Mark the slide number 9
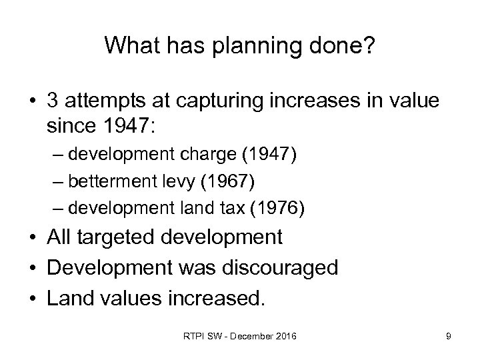(449, 337)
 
